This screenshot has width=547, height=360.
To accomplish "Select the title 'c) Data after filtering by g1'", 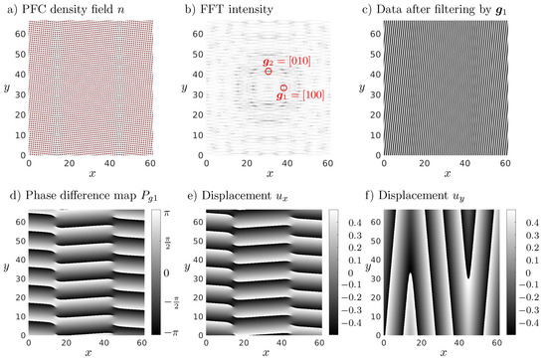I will click(438, 8).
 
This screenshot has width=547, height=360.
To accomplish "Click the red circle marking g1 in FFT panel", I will click(283, 89).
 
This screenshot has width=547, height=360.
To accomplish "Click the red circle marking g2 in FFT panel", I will click(269, 72).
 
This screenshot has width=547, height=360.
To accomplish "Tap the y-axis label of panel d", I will click(7, 271).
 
